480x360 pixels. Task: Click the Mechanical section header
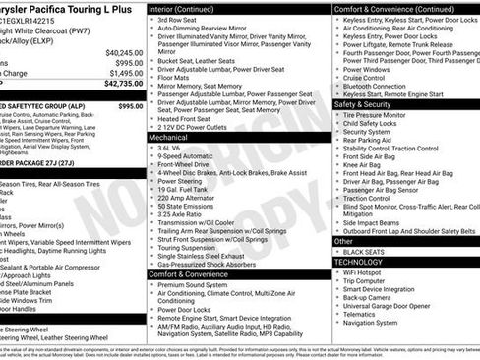point(168,139)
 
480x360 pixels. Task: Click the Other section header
point(343,241)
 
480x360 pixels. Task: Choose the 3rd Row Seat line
point(180,20)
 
